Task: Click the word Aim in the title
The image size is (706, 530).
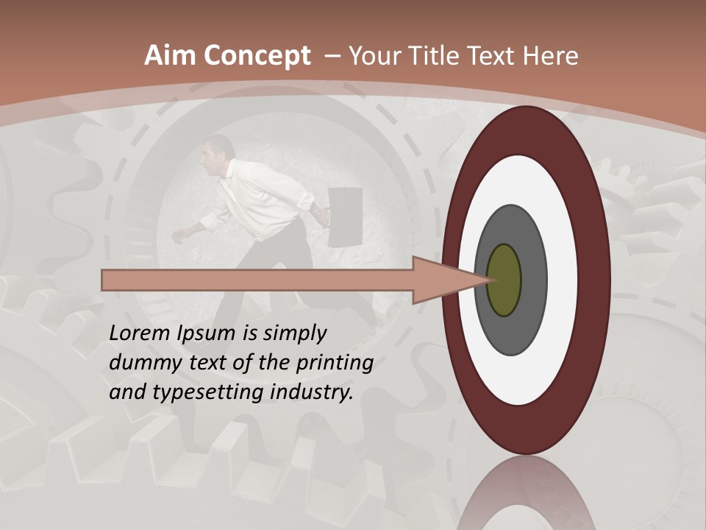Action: [170, 56]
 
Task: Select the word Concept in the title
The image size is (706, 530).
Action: [257, 57]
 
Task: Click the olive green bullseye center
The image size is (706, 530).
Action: [504, 280]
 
